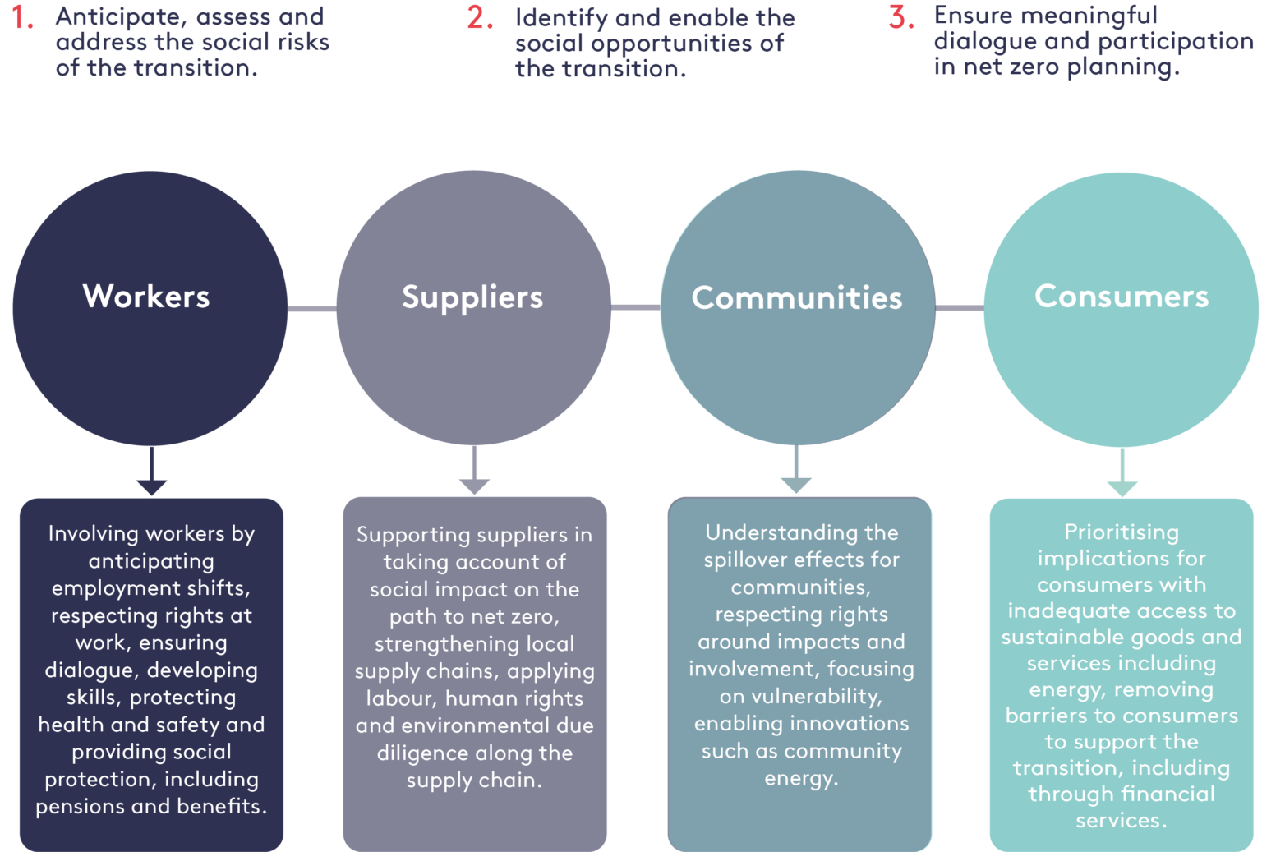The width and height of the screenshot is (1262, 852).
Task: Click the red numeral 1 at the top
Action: (22, 17)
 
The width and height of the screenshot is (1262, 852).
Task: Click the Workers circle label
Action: (146, 297)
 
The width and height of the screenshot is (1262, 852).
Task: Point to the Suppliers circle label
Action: (472, 297)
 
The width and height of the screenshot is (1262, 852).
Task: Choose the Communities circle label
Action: (797, 298)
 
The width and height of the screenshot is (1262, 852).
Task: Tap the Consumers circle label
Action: (1122, 297)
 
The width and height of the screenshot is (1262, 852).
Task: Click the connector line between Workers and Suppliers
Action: (312, 309)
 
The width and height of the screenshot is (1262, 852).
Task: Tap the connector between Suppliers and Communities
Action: (636, 307)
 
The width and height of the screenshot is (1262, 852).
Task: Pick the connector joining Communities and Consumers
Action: (960, 308)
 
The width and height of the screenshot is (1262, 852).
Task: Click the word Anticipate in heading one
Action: (108, 17)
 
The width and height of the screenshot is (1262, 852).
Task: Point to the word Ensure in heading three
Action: (973, 16)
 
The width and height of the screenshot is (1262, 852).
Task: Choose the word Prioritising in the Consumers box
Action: (1122, 533)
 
